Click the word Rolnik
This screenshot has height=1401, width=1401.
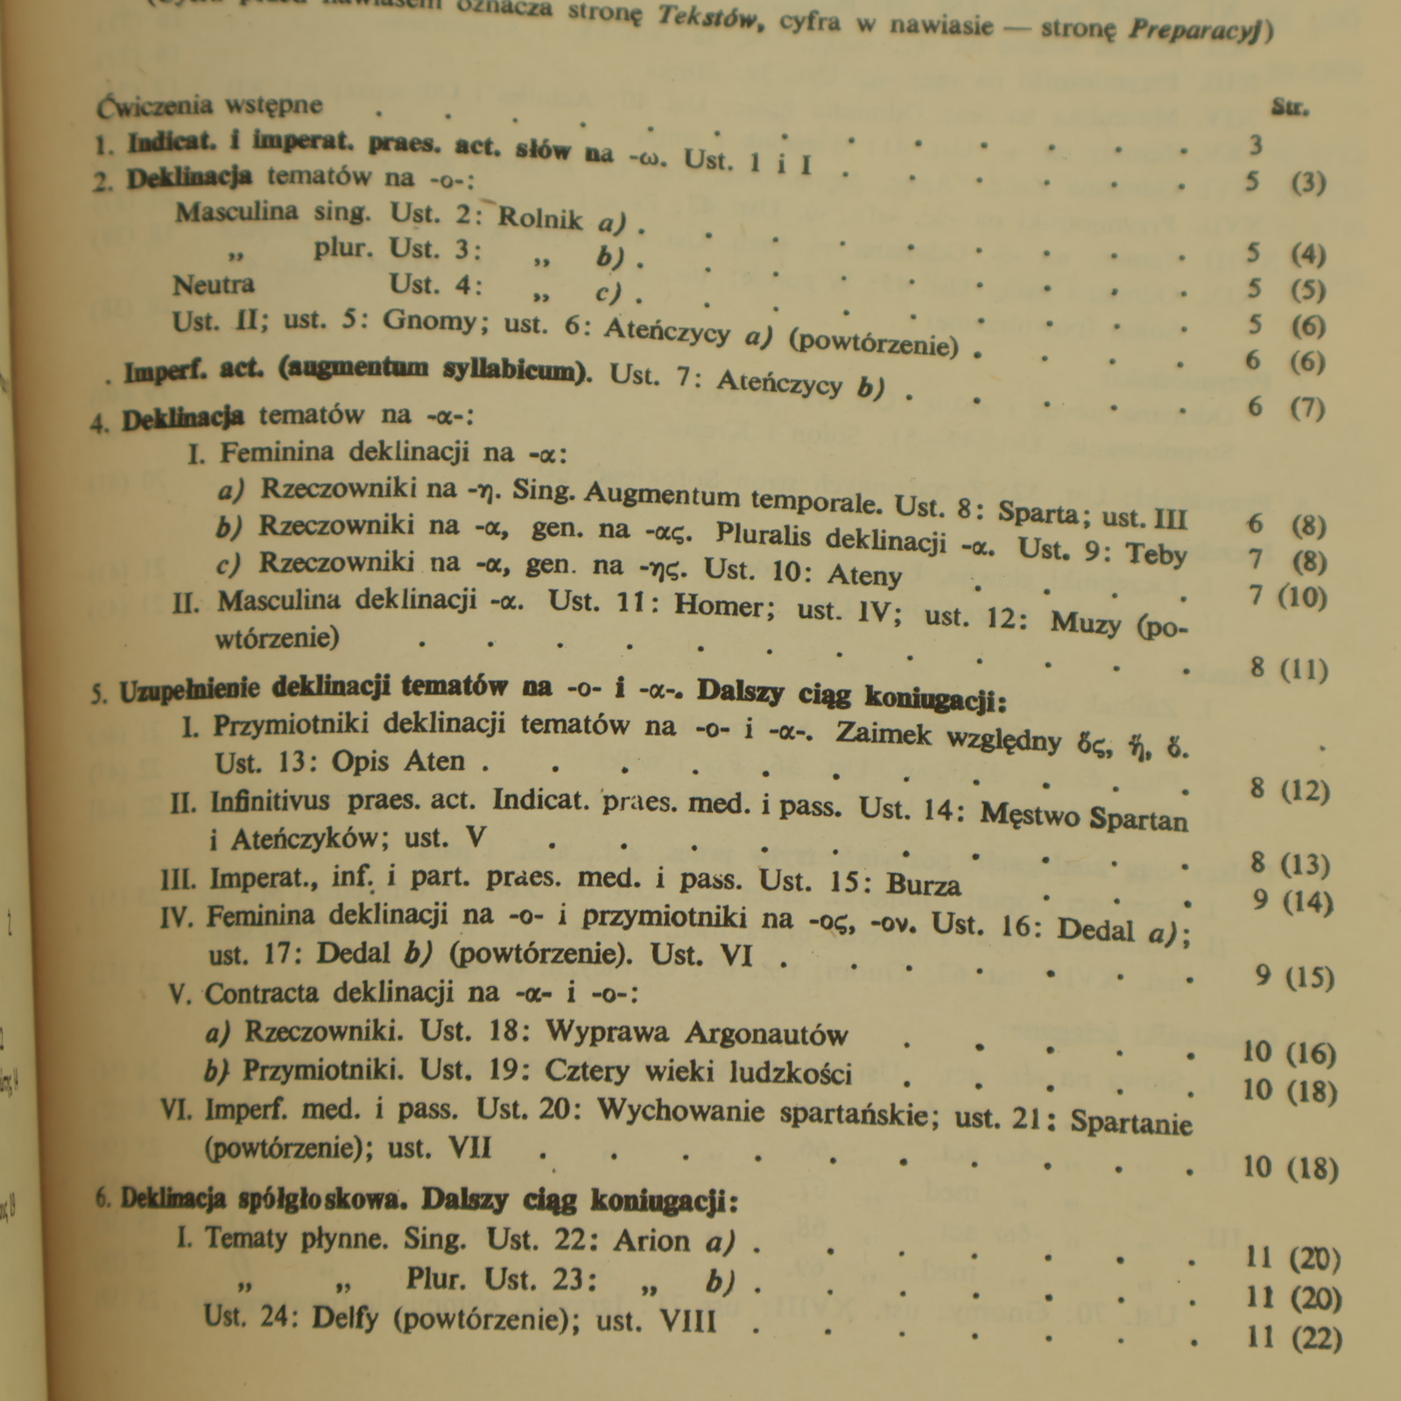coord(539,217)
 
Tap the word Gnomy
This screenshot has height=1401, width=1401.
coord(430,322)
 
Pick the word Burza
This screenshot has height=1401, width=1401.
coord(924,884)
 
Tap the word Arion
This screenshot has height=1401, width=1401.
coord(651,1241)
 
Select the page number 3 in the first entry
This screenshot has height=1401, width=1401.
coord(1256,144)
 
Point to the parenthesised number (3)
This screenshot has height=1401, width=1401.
coord(1308,183)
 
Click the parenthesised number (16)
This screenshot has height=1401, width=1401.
coord(1311,1054)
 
